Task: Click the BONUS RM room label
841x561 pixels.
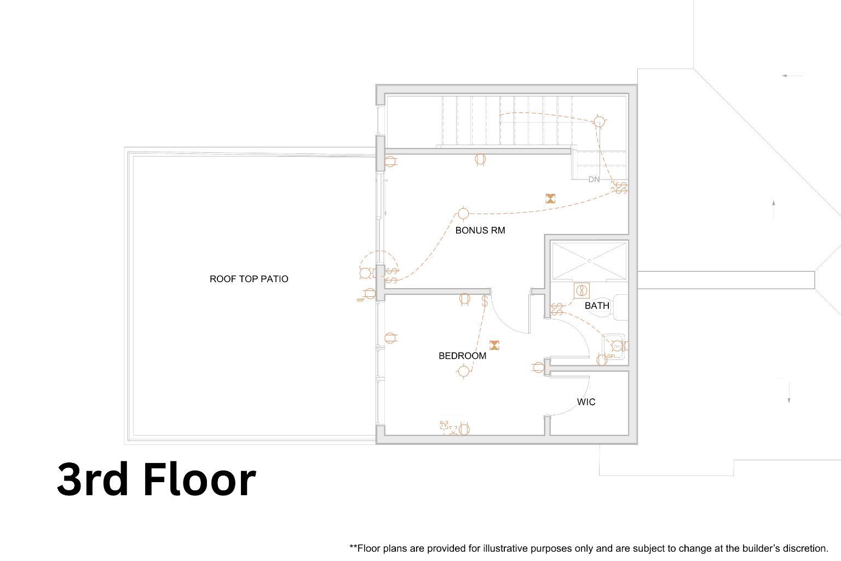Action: pyautogui.click(x=480, y=231)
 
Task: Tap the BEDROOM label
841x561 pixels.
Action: pyautogui.click(x=462, y=356)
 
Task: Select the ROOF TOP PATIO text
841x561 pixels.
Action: pyautogui.click(x=249, y=279)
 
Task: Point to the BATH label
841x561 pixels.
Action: pyautogui.click(x=597, y=306)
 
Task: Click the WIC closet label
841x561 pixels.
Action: pyautogui.click(x=586, y=402)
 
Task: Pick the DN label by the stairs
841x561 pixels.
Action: pyautogui.click(x=594, y=180)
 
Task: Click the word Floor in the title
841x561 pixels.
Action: pyautogui.click(x=199, y=480)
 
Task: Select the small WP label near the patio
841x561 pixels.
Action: pyautogui.click(x=360, y=300)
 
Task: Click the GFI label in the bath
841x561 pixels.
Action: pyautogui.click(x=611, y=357)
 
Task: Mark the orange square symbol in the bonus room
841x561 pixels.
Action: pyautogui.click(x=550, y=199)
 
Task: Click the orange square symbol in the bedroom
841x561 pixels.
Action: pyautogui.click(x=494, y=345)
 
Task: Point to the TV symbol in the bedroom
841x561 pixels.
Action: pyautogui.click(x=444, y=425)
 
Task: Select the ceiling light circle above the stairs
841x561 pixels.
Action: pyautogui.click(x=599, y=122)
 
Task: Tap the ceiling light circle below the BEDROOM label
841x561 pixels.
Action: pyautogui.click(x=463, y=371)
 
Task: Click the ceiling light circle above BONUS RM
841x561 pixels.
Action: pyautogui.click(x=463, y=214)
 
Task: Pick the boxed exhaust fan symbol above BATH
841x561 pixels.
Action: pyautogui.click(x=581, y=290)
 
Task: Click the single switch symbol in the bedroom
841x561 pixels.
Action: pyautogui.click(x=485, y=301)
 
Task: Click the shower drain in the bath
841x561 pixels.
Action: pyautogui.click(x=589, y=261)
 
